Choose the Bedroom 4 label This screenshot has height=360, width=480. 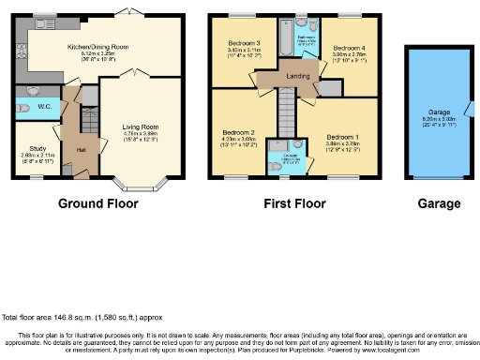(348, 48)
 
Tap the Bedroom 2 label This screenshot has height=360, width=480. (239, 132)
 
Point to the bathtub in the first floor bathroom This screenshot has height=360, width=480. (282, 38)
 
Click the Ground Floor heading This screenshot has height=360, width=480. (98, 203)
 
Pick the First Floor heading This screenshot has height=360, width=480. (295, 203)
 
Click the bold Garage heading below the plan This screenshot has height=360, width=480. (439, 203)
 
